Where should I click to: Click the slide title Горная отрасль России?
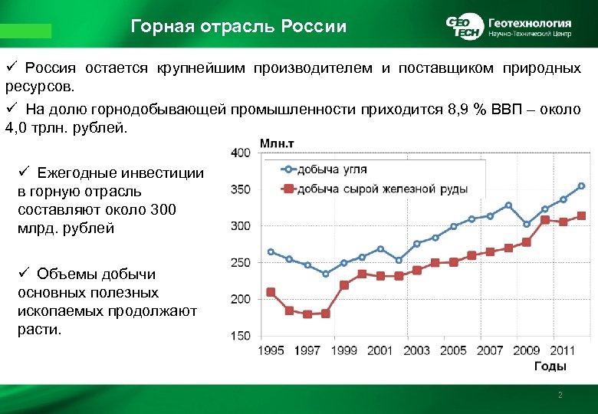[238, 27]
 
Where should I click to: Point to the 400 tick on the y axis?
[240, 153]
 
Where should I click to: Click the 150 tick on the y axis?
[240, 336]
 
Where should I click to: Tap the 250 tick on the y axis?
[240, 262]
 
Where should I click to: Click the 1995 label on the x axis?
[271, 350]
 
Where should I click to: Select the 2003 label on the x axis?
[416, 350]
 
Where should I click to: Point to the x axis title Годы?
[549, 366]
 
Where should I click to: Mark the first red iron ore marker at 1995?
[271, 292]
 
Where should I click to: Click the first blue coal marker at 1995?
[271, 251]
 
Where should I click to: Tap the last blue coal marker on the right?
[581, 186]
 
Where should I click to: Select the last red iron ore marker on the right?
[581, 216]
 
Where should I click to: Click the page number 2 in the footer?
[560, 395]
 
